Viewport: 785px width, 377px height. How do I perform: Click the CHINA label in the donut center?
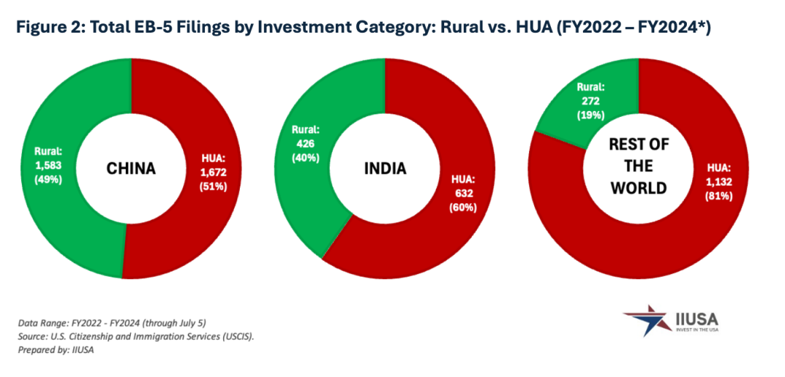(x=131, y=169)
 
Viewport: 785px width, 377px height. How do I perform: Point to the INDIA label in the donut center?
(x=385, y=169)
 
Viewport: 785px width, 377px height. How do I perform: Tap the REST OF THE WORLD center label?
(x=638, y=166)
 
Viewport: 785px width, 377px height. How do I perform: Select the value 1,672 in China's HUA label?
(x=212, y=171)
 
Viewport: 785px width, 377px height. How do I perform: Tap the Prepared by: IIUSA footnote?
(x=63, y=349)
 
